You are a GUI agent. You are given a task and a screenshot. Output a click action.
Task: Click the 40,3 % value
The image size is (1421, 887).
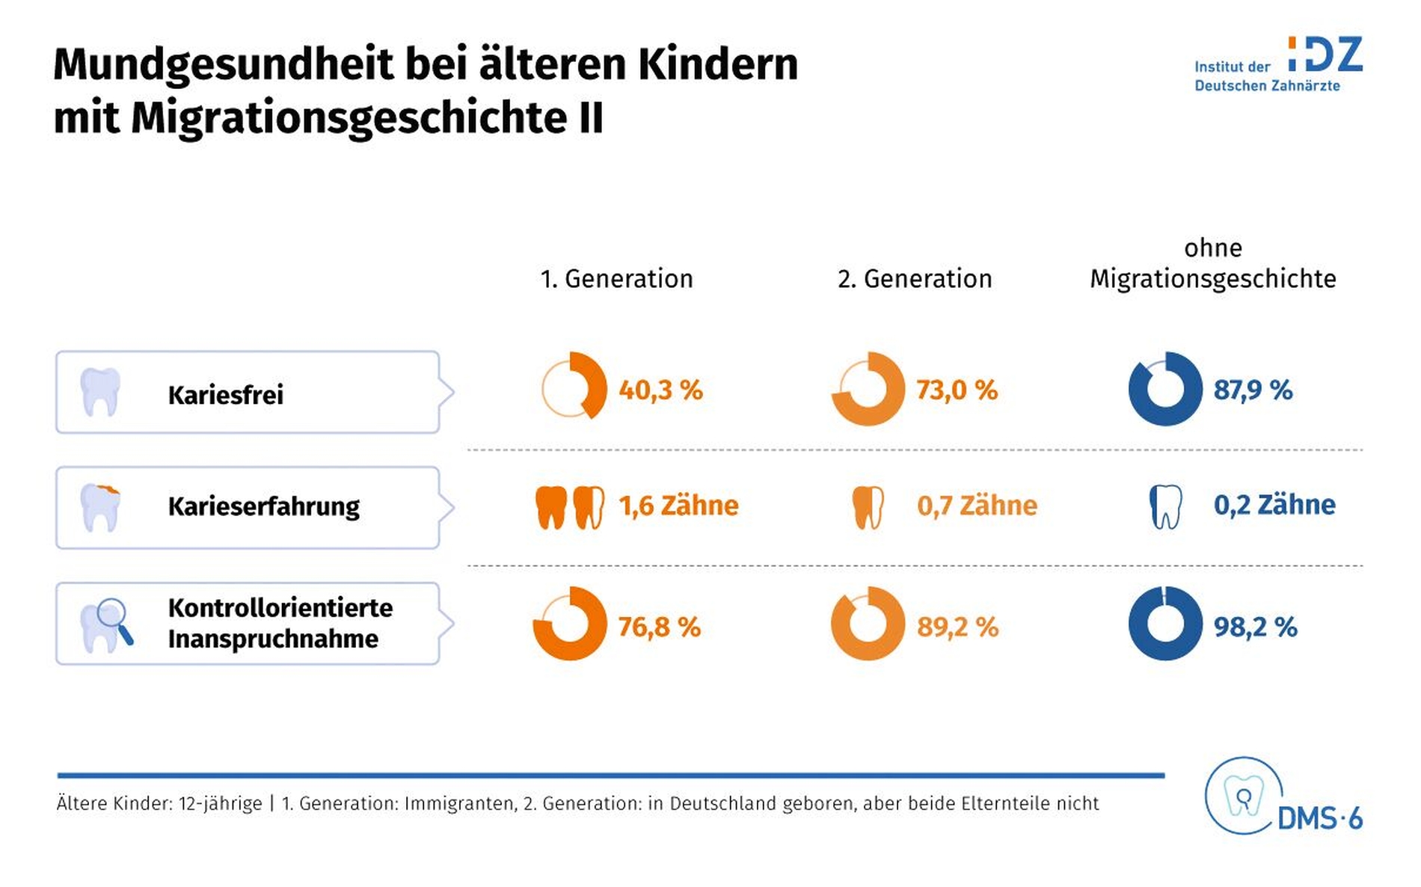[660, 390]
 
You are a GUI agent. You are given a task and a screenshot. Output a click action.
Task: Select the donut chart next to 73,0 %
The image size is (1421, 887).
[868, 389]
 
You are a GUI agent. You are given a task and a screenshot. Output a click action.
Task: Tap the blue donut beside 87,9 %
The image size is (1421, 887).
[1164, 389]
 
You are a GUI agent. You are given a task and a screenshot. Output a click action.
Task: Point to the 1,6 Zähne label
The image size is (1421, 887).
[678, 506]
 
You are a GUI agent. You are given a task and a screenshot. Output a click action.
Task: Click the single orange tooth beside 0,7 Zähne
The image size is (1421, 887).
[868, 507]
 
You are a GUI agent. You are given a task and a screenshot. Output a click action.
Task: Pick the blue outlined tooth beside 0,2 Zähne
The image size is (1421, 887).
[1165, 506]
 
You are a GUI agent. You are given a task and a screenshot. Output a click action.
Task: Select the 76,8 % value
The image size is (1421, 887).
[659, 627]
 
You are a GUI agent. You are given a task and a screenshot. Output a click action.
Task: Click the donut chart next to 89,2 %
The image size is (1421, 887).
[868, 624]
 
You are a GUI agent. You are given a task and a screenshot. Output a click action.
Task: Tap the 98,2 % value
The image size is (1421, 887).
[1255, 627]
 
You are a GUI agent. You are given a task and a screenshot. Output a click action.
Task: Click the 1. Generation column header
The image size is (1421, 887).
[616, 279]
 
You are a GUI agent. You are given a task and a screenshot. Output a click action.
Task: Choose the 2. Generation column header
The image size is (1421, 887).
[914, 279]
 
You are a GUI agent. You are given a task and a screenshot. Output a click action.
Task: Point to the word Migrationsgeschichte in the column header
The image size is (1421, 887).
[1212, 279]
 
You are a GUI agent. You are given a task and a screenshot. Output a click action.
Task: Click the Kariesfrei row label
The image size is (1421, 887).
[225, 395]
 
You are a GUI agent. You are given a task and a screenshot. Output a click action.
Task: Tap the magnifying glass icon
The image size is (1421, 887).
[114, 619]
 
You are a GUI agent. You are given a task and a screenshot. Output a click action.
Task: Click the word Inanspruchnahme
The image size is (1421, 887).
[273, 639]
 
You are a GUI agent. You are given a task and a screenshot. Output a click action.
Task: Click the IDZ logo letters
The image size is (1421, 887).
[1325, 55]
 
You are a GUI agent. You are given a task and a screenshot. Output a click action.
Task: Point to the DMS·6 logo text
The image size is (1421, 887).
[1319, 819]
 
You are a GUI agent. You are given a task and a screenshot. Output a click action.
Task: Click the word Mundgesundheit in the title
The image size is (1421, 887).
[224, 64]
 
